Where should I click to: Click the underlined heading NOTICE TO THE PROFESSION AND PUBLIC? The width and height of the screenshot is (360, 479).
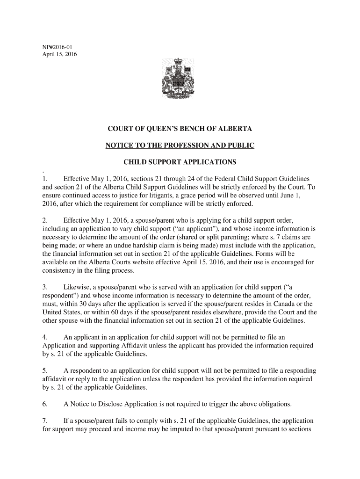click(180, 145)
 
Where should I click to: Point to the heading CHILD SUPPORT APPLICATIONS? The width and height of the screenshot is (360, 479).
click(180, 162)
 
